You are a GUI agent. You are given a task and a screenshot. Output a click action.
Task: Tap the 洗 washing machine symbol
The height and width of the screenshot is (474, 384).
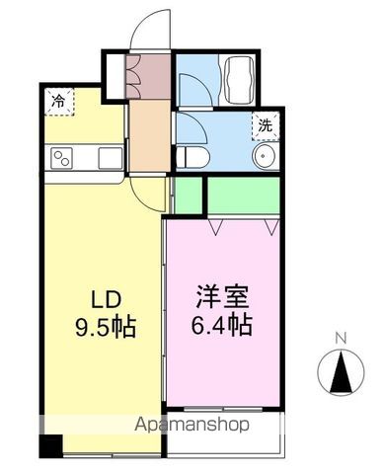(265, 125)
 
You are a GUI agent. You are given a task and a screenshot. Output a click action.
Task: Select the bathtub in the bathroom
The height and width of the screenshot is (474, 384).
(240, 76)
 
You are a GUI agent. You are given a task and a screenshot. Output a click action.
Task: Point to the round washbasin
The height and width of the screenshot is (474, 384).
(265, 160)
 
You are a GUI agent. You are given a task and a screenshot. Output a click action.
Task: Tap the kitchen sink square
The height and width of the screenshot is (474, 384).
(110, 157)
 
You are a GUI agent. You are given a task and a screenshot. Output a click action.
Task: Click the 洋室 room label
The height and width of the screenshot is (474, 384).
(218, 295)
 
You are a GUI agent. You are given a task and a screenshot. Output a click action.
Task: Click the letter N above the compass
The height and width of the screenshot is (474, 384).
(341, 338)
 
